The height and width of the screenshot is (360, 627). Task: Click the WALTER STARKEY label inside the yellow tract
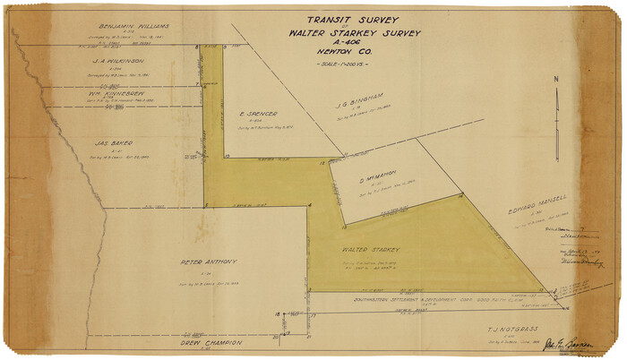click(x=370, y=251)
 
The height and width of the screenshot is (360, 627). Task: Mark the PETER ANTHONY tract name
click(x=208, y=262)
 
